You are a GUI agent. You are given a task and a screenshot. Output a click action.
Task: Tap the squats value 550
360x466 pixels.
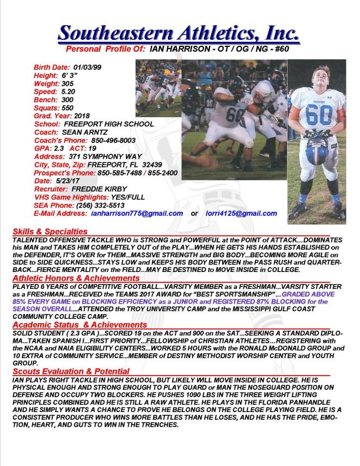click(69, 108)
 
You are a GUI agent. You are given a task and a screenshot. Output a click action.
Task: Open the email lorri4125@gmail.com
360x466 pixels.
click(241, 214)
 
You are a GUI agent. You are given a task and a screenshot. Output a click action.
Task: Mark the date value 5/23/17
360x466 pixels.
click(66, 180)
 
